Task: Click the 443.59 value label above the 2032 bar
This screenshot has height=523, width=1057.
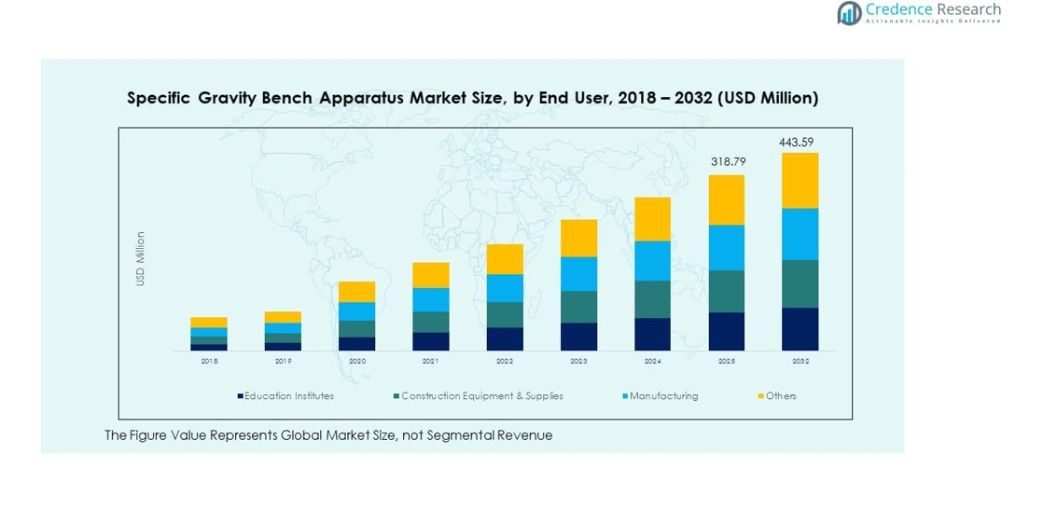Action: [x=796, y=143]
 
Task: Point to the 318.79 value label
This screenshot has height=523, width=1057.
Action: [x=728, y=161]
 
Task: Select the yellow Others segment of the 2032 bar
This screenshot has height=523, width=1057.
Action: [x=800, y=180]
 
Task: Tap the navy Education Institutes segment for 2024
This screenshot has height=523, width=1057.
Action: [x=652, y=334]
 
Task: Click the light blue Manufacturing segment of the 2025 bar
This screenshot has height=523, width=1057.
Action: [x=726, y=247]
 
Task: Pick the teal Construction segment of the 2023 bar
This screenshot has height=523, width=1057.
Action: [x=578, y=307]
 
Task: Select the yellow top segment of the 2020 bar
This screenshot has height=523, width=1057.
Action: [x=356, y=292]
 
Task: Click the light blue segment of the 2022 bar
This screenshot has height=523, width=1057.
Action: [x=505, y=288]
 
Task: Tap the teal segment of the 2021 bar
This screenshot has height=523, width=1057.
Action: [x=431, y=322]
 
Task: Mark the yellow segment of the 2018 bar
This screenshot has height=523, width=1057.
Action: [x=209, y=323]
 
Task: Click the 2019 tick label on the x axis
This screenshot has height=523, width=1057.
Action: [x=283, y=361]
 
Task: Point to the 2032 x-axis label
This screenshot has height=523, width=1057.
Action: [x=800, y=361]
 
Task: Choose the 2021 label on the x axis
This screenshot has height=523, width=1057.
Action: [x=431, y=361]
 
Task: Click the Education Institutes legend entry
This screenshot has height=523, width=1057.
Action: [x=287, y=396]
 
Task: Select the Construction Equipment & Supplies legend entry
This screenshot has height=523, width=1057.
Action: [x=480, y=396]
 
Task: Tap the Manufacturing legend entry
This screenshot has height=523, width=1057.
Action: [x=661, y=396]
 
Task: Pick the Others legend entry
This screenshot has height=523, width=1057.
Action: [x=777, y=396]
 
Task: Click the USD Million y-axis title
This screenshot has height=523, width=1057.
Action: [x=141, y=258]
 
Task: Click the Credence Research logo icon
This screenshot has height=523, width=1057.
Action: [x=849, y=13]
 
